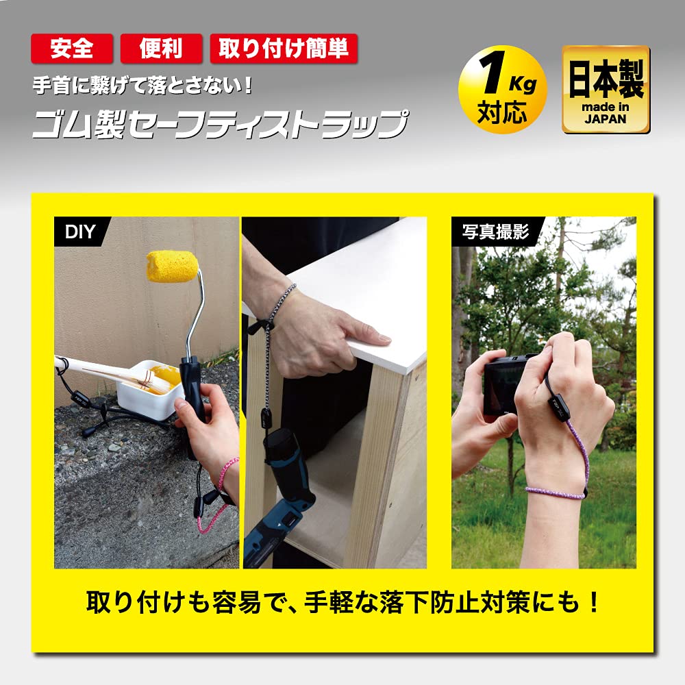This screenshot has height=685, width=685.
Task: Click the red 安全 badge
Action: [x=71, y=49]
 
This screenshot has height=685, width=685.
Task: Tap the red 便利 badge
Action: [x=161, y=49]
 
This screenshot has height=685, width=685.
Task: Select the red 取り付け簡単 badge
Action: [x=284, y=49]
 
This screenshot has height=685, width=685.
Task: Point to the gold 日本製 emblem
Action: [x=606, y=90]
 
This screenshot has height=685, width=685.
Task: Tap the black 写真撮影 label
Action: [x=495, y=231]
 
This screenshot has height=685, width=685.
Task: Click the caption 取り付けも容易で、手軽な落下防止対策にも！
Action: [x=342, y=602]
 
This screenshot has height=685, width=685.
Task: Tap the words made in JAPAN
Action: [x=606, y=112]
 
